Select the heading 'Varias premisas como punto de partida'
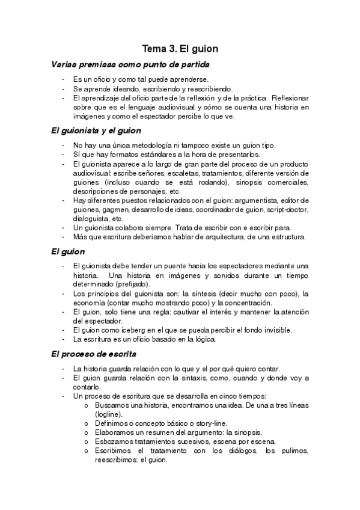pos(130,64)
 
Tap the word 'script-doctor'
pos(287,209)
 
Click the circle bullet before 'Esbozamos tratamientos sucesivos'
pos(88,442)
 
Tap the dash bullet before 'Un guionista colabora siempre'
pos(64,228)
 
